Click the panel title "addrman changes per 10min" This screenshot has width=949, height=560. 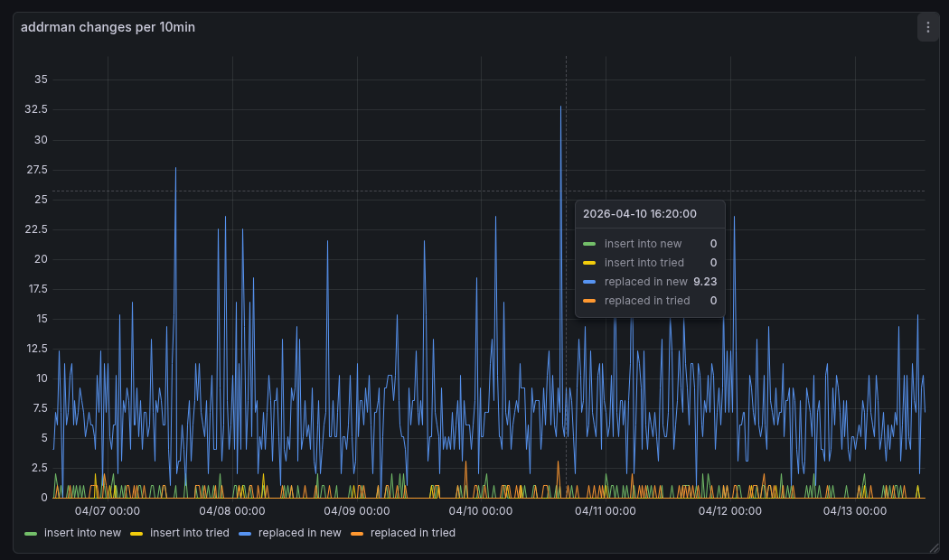(108, 27)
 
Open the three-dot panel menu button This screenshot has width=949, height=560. (928, 27)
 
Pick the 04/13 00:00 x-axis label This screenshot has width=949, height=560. (854, 511)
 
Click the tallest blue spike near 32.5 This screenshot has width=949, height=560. (560, 107)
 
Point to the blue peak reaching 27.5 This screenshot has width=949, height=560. (175, 169)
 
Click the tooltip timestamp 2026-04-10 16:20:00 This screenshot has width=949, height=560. (640, 214)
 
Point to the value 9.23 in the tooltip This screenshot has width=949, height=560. (705, 282)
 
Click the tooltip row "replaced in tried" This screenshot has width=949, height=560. (647, 301)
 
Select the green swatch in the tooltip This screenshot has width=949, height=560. (589, 244)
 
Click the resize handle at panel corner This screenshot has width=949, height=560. (935, 547)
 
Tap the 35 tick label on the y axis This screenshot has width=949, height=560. (41, 79)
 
